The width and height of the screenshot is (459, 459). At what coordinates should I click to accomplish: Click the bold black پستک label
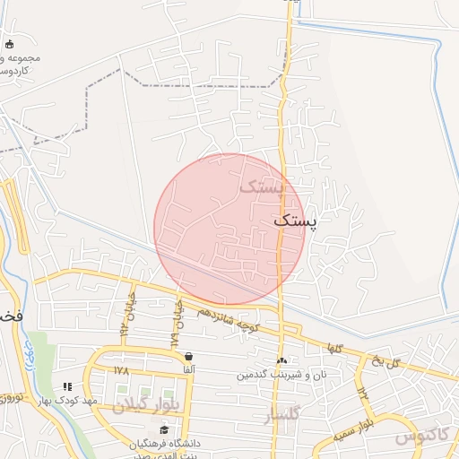(x=295, y=221)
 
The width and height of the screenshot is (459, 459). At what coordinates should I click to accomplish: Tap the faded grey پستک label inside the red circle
(x=261, y=187)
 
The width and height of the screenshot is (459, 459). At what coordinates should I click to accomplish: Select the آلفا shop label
(x=187, y=369)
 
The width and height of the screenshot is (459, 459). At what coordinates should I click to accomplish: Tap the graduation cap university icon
(x=164, y=431)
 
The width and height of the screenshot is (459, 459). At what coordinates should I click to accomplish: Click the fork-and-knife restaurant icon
(x=66, y=386)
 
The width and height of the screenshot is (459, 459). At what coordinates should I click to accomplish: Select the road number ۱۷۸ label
(x=123, y=369)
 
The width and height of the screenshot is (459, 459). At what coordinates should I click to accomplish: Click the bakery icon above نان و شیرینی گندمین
(x=281, y=360)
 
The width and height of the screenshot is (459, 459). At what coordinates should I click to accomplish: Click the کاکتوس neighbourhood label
(x=420, y=435)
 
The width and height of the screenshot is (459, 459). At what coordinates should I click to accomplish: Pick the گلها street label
(x=334, y=348)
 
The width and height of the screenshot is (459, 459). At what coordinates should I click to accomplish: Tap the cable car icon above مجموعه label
(x=9, y=44)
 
